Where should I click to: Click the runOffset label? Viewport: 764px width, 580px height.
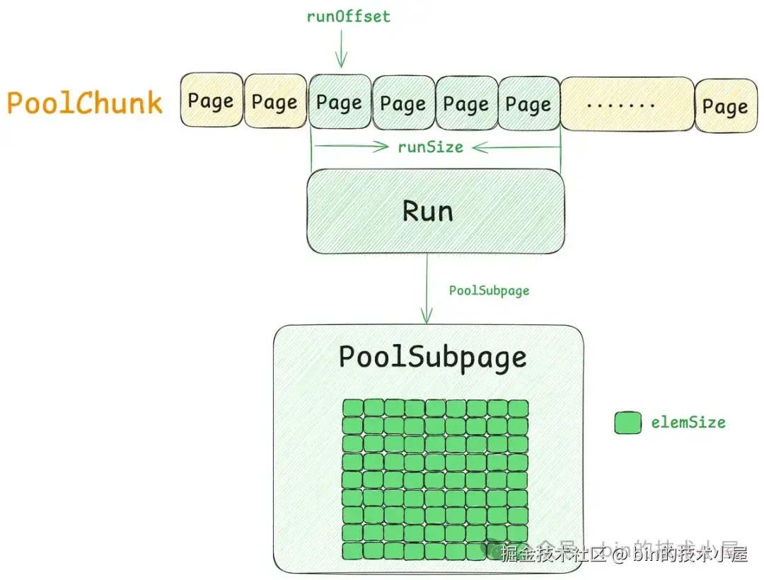click(x=347, y=16)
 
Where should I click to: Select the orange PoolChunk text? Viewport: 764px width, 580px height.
click(x=85, y=103)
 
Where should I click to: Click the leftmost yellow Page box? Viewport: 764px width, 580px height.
click(x=211, y=101)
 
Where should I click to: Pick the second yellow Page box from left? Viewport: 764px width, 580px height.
click(x=274, y=102)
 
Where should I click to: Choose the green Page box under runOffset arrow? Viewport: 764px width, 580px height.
click(x=340, y=102)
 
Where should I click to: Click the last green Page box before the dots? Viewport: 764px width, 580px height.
click(x=528, y=103)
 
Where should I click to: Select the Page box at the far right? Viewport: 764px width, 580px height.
click(x=725, y=106)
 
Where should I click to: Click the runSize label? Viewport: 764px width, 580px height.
click(x=430, y=147)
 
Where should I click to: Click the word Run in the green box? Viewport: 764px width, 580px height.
click(x=427, y=211)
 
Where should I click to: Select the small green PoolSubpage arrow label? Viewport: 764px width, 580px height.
click(x=489, y=290)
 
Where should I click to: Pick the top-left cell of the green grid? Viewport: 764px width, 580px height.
click(x=353, y=409)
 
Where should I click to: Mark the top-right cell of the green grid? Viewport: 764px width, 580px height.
click(x=519, y=409)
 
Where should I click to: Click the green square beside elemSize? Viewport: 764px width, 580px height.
click(x=627, y=423)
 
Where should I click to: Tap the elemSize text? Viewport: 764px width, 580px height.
click(x=688, y=423)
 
